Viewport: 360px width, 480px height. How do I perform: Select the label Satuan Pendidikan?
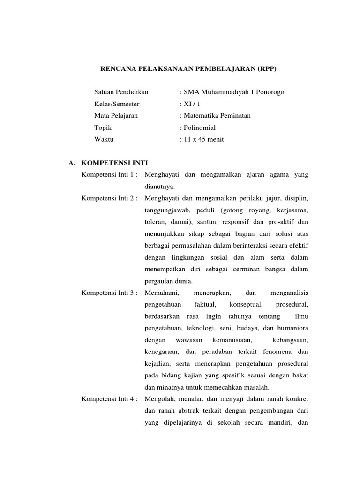coord(121,92)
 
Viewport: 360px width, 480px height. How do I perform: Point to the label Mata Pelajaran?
coord(116,115)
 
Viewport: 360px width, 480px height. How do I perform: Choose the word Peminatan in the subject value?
coord(234,115)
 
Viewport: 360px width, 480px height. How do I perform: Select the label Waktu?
coord(104,139)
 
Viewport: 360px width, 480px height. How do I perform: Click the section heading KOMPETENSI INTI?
coord(114,163)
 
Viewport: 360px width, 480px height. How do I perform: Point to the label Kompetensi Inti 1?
coord(109,175)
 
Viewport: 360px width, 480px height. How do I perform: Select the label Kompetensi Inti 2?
coord(109,198)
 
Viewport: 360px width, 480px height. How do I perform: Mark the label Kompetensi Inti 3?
coord(109,292)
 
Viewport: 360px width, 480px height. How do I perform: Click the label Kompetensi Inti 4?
coord(109,399)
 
